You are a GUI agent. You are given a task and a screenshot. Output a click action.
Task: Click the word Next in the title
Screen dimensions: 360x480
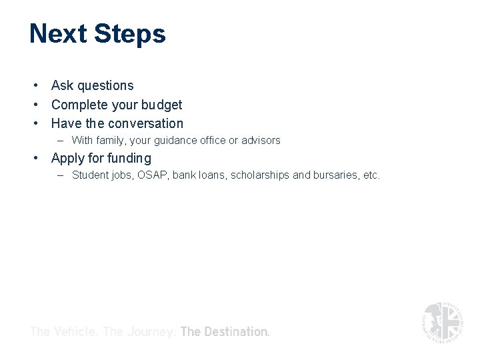coord(58,33)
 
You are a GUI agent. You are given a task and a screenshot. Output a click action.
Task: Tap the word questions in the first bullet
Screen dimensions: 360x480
coord(105,86)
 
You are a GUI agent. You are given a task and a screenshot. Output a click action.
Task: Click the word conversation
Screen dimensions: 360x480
coord(145,123)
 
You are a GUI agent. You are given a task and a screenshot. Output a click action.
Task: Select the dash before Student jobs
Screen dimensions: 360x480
coord(61,175)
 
